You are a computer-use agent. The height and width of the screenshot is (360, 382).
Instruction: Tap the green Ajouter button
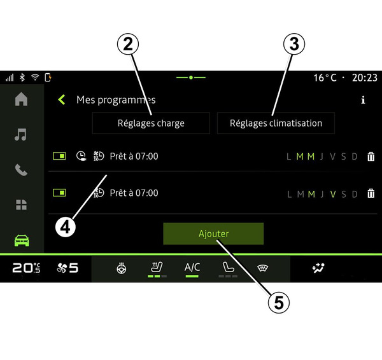pos(213,233)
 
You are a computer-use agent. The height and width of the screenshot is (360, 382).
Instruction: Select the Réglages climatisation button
pos(276,123)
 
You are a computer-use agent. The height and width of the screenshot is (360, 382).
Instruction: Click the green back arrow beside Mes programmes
pos(61,100)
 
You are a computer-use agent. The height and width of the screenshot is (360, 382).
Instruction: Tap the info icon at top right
pos(363,100)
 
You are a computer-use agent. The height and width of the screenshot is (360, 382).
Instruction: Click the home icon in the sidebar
pos(21,99)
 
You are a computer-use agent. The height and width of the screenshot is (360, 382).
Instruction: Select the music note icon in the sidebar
pos(20,134)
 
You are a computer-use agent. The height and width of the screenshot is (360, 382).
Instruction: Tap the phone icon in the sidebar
pos(21,170)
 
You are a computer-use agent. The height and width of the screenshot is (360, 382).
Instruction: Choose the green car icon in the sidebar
pos(22,240)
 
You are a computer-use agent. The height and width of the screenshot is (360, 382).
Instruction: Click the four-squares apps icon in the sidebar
pos(21,204)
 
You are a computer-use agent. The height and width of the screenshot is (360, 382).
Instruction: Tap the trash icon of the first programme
pos(371,156)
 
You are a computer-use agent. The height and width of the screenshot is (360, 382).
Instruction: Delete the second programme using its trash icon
pos(371,193)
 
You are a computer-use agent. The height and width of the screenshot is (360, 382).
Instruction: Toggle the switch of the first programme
pos(59,156)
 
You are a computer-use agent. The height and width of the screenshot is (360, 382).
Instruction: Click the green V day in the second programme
pos(333,194)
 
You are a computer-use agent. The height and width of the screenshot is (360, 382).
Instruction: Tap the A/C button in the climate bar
pos(192,267)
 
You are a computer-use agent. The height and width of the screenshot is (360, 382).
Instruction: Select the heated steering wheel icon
pos(122,268)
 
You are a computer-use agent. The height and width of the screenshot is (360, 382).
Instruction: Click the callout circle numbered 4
pos(66,227)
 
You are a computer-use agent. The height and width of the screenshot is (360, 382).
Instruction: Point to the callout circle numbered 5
pos(279,303)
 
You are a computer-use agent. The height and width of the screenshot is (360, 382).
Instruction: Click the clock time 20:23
pos(364,78)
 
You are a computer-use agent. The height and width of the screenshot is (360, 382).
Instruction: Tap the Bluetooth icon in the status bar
pos(22,78)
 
